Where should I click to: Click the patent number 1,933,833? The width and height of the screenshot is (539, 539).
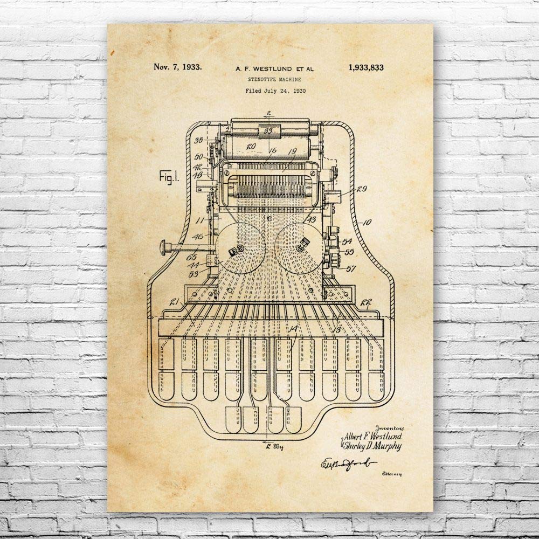click(x=365, y=67)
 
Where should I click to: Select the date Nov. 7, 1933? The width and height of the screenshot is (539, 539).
click(x=178, y=67)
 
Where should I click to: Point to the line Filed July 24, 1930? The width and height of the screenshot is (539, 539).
click(x=275, y=91)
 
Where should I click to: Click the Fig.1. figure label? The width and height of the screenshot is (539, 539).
click(x=169, y=177)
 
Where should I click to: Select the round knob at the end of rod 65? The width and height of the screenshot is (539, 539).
click(x=163, y=248)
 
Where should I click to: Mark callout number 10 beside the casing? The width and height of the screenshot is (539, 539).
click(x=367, y=222)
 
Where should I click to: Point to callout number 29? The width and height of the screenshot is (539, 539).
click(x=361, y=189)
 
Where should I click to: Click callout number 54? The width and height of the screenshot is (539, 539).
click(x=347, y=241)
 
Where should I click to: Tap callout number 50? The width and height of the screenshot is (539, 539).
click(x=199, y=156)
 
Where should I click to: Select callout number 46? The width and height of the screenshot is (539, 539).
click(x=198, y=236)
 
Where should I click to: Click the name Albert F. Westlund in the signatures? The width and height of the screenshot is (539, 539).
click(x=374, y=436)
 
